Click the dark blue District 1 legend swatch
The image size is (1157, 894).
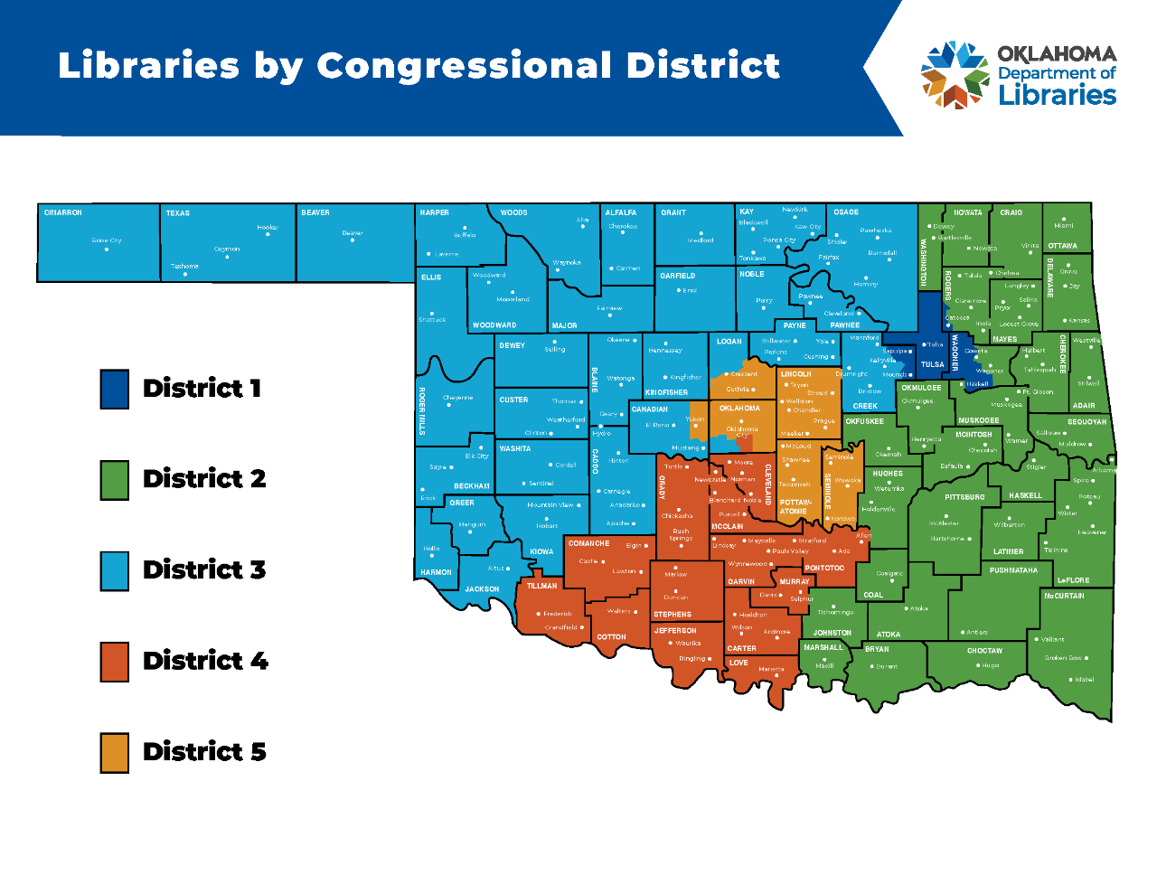coord(115,390)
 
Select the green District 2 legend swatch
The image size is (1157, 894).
coord(115,480)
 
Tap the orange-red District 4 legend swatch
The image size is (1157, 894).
coord(115,662)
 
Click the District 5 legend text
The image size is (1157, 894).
coord(204,752)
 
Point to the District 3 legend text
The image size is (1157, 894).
coord(204,570)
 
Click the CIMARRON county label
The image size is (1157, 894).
coord(63,212)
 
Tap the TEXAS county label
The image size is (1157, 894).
coord(178,213)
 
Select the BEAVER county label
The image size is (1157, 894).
coord(315,212)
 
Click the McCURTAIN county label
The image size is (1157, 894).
coord(1064,596)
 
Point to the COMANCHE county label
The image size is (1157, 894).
coord(589,543)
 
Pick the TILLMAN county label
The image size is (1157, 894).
coord(542,586)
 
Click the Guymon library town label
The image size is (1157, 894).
coord(227,249)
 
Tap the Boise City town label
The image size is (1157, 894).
coord(107,240)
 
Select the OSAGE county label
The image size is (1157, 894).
coord(846,212)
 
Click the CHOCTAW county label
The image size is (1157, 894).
coord(984,651)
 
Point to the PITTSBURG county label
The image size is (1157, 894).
coord(964,497)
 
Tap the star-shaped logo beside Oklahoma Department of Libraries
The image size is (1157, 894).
coord(955,75)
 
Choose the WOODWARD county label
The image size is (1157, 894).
coord(494,325)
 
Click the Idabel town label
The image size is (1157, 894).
coord(1085,679)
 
